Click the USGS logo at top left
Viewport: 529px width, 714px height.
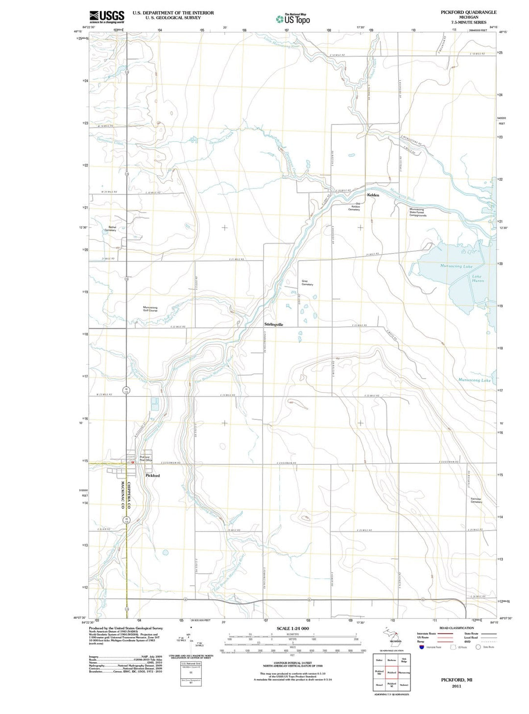click(x=106, y=17)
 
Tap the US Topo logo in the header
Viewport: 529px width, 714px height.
click(x=293, y=19)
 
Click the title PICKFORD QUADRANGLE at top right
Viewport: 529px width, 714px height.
click(x=468, y=12)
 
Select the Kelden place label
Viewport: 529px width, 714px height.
click(x=373, y=195)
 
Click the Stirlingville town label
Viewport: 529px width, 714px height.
click(x=274, y=324)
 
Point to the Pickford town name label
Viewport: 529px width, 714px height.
click(x=152, y=476)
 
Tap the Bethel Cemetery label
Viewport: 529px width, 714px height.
click(x=112, y=228)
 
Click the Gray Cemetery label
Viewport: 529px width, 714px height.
click(x=307, y=283)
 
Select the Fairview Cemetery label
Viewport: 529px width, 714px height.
click(x=476, y=500)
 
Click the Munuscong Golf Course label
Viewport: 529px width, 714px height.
click(x=150, y=309)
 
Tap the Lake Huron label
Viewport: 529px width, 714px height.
click(x=478, y=279)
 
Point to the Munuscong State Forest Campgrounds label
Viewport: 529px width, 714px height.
click(x=417, y=212)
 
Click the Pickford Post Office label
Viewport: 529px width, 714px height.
click(x=146, y=458)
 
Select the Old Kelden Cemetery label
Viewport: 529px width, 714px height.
click(x=354, y=207)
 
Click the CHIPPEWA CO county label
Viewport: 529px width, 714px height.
click(x=129, y=495)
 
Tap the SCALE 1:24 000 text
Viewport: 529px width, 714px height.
click(x=292, y=628)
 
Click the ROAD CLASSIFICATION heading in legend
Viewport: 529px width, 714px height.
click(x=457, y=628)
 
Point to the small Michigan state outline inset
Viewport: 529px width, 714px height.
click(x=392, y=635)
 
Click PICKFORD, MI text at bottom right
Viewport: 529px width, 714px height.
click(x=457, y=680)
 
